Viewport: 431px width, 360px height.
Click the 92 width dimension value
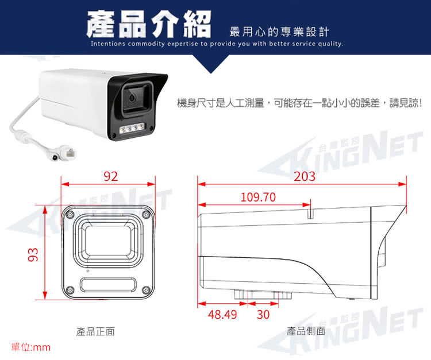pos(111,176)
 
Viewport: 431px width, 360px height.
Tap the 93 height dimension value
pos(33,254)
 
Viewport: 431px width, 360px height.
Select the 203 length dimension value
pos(305,176)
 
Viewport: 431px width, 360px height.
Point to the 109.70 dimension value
pos(258,197)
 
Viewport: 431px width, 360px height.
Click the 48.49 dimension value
pos(222,315)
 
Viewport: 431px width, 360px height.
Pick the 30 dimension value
pos(263,315)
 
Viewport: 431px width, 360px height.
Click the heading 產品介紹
pos(149,24)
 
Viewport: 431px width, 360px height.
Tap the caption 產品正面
pos(95,332)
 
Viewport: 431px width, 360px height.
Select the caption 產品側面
pos(306,331)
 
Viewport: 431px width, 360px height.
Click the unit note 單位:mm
pos(31,347)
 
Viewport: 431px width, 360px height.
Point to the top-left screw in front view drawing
pos(71,214)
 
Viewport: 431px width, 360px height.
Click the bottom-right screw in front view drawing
pos(146,290)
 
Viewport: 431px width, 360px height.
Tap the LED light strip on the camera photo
pos(132,128)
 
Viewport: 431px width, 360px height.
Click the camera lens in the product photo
pos(132,97)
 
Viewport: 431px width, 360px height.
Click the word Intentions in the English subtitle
pos(108,44)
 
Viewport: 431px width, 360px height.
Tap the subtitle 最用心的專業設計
pos(279,32)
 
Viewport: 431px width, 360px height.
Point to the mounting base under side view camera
pos(263,295)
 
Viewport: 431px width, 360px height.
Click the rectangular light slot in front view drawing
pos(108,284)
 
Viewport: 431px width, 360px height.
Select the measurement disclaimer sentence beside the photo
pos(299,103)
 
